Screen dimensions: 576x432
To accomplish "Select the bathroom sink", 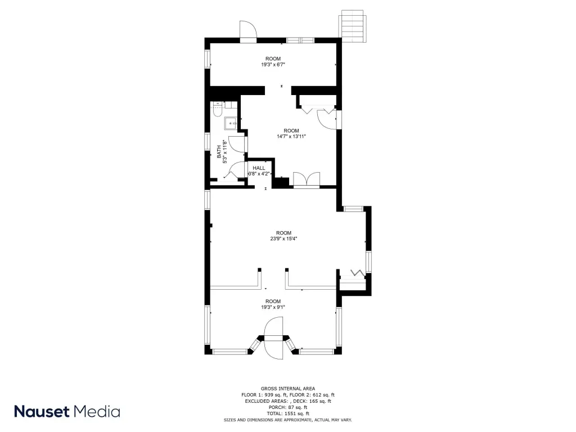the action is coord(231,123).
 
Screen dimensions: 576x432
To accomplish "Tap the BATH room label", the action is coord(219,152).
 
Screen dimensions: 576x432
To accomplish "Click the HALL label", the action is coord(259,168).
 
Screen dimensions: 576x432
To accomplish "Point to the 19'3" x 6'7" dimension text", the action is coord(273,65).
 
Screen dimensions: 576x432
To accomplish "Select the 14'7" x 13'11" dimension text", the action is coord(291,137).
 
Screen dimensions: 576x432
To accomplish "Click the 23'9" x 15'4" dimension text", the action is coord(283,238).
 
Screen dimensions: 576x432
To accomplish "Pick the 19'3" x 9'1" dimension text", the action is coord(273,308).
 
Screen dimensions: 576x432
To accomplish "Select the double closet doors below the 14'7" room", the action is coord(307,179).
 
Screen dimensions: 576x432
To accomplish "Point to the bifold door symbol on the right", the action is coord(357,273).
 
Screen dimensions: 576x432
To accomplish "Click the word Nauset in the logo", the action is coord(42,411).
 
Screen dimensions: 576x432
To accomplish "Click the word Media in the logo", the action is coord(97,411).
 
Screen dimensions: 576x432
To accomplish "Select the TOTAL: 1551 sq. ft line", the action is coord(288,413).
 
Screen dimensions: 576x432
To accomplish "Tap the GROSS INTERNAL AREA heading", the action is coord(288,389).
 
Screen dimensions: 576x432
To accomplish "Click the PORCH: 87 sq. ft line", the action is coord(288,407).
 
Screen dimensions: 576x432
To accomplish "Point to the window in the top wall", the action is coord(300,40).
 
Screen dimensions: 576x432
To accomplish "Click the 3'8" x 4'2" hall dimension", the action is coord(259,174).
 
